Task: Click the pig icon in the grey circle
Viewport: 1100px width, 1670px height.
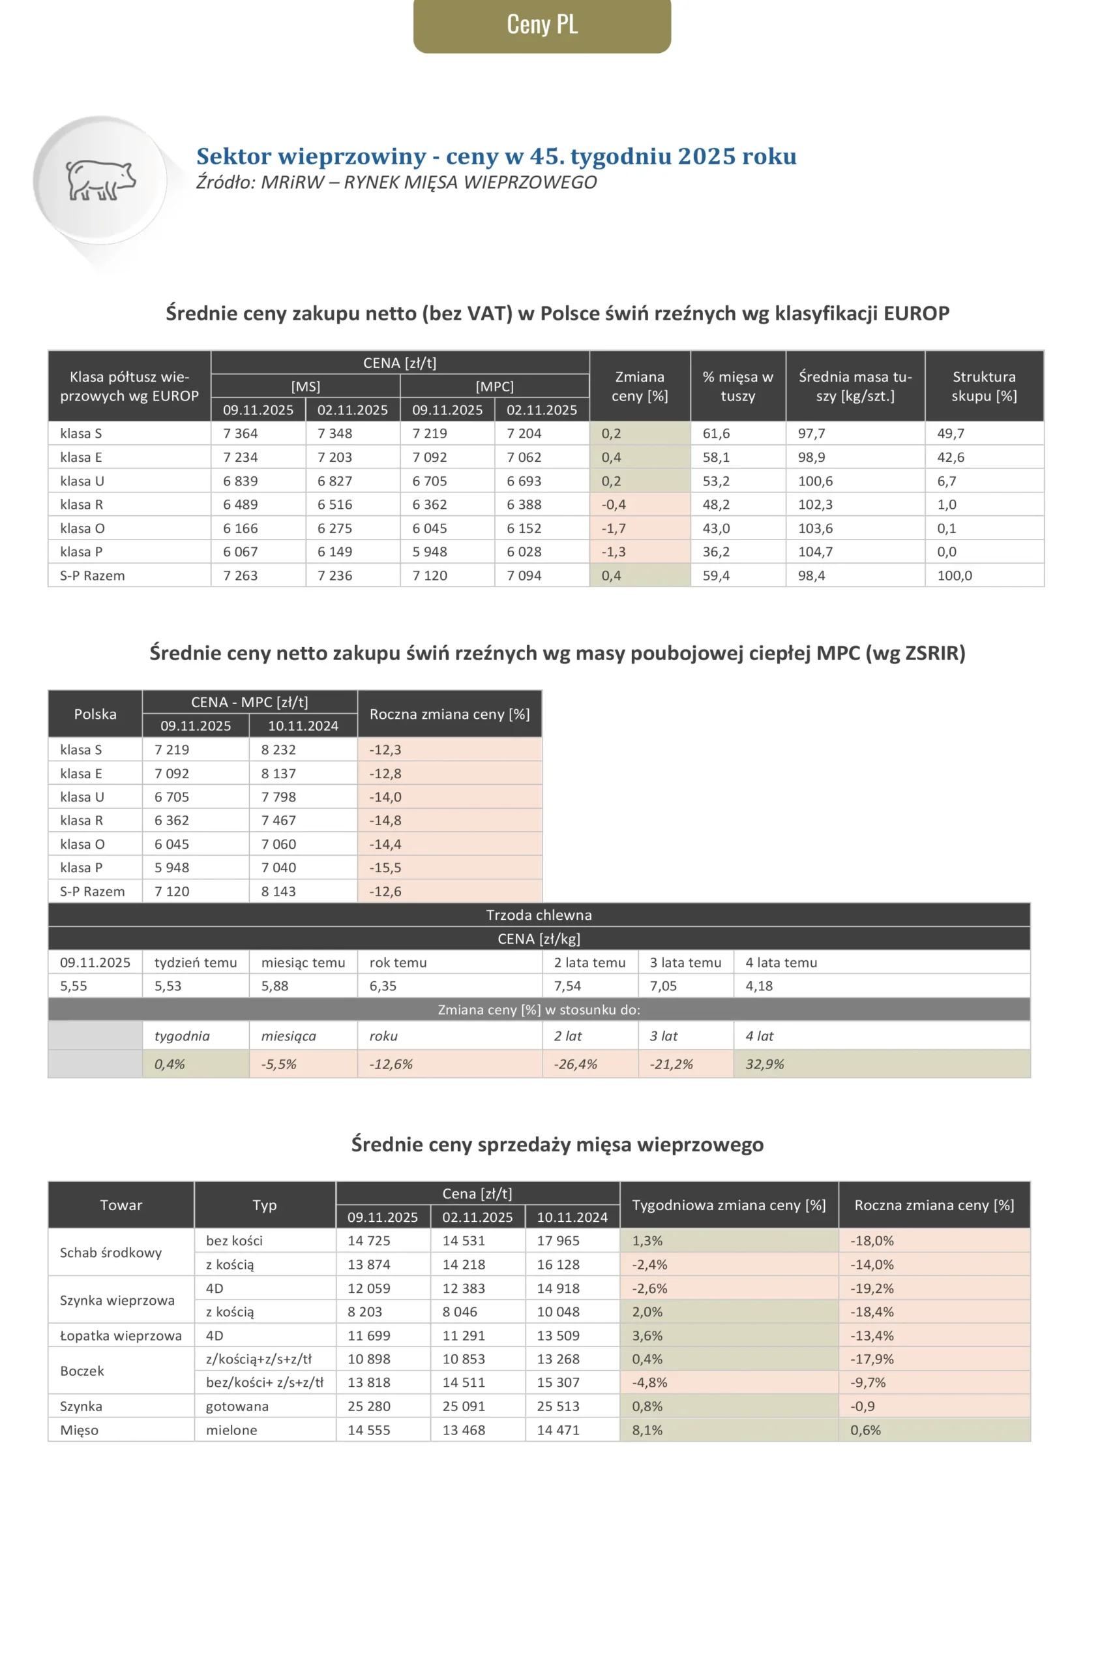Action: [x=100, y=179]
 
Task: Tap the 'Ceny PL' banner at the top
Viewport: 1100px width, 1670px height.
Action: [x=542, y=25]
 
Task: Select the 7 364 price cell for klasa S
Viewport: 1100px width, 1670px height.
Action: [x=241, y=434]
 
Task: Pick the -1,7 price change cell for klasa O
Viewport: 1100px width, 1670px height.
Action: [x=614, y=528]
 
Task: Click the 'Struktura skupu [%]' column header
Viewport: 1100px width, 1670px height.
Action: [x=983, y=386]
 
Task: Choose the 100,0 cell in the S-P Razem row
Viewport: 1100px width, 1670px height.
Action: [x=955, y=575]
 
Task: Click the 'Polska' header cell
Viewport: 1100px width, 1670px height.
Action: [x=95, y=714]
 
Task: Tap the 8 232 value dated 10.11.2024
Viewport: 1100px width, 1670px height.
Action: [x=278, y=750]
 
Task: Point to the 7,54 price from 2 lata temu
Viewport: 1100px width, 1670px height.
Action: [x=567, y=986]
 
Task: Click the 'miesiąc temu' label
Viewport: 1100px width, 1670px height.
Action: [x=303, y=962]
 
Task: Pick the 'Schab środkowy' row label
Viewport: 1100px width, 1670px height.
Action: [x=111, y=1252]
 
